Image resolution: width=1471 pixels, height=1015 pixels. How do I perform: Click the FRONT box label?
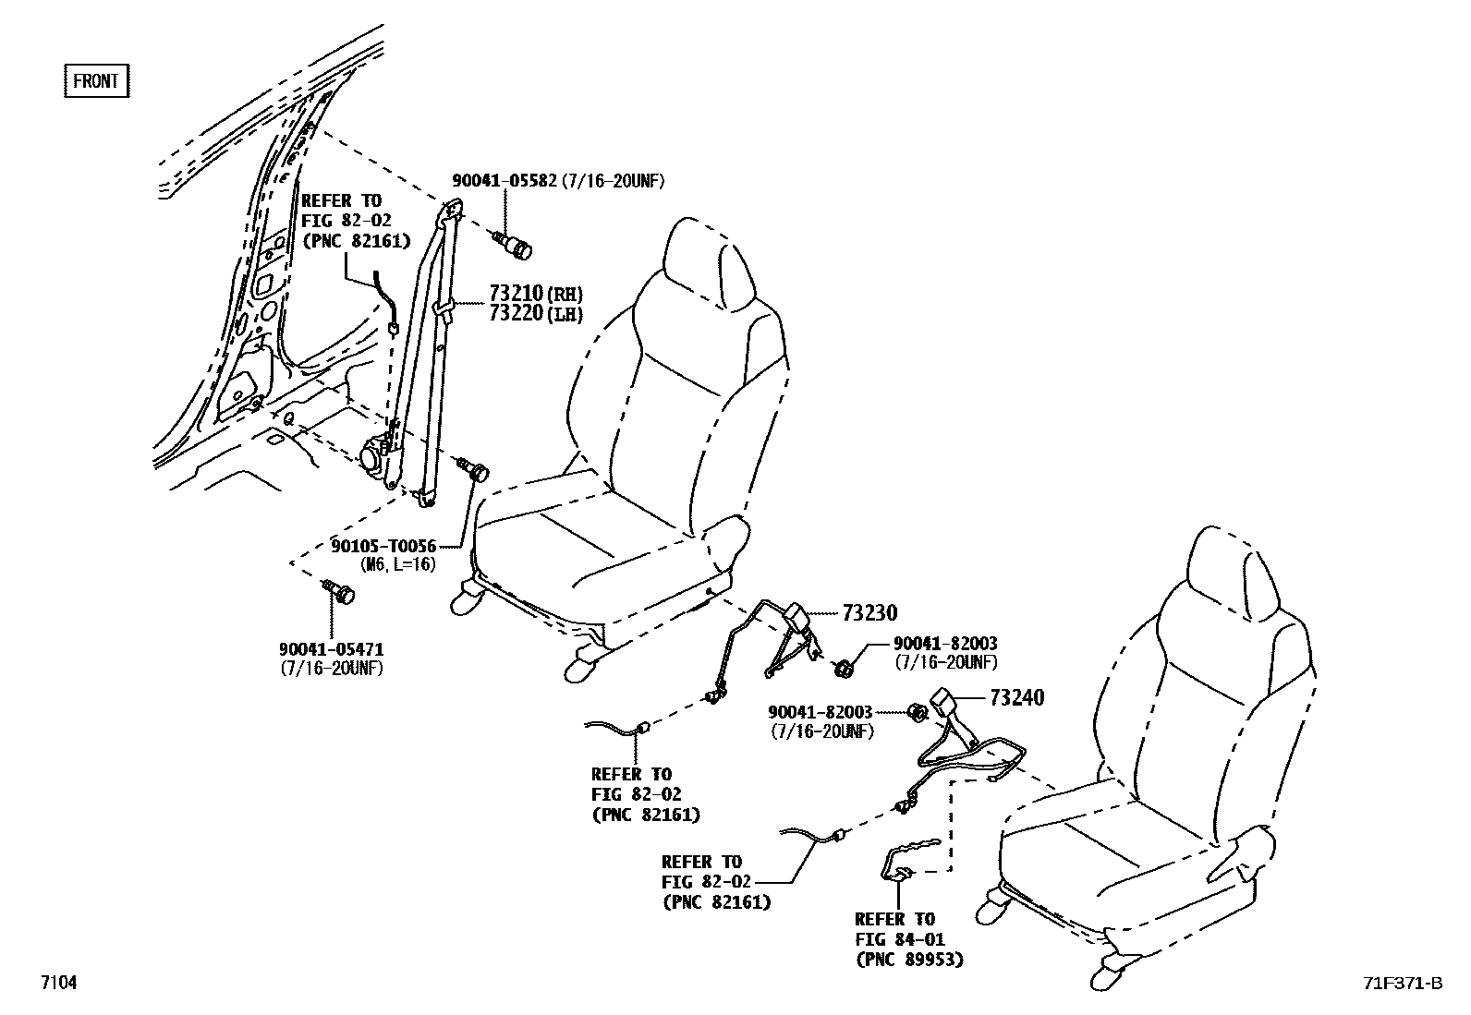pyautogui.click(x=96, y=81)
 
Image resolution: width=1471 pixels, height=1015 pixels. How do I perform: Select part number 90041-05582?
pyautogui.click(x=504, y=181)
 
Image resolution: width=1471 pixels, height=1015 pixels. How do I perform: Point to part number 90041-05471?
pyautogui.click(x=332, y=650)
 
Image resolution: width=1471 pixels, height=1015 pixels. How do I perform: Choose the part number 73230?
pyautogui.click(x=869, y=612)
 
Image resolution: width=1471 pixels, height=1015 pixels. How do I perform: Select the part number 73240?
pyautogui.click(x=1016, y=698)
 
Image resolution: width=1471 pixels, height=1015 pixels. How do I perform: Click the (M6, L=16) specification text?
pyautogui.click(x=398, y=564)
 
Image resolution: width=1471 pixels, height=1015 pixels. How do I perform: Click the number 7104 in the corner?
pyautogui.click(x=57, y=984)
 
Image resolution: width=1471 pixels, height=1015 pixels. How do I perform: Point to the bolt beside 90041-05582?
pyautogui.click(x=514, y=247)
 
